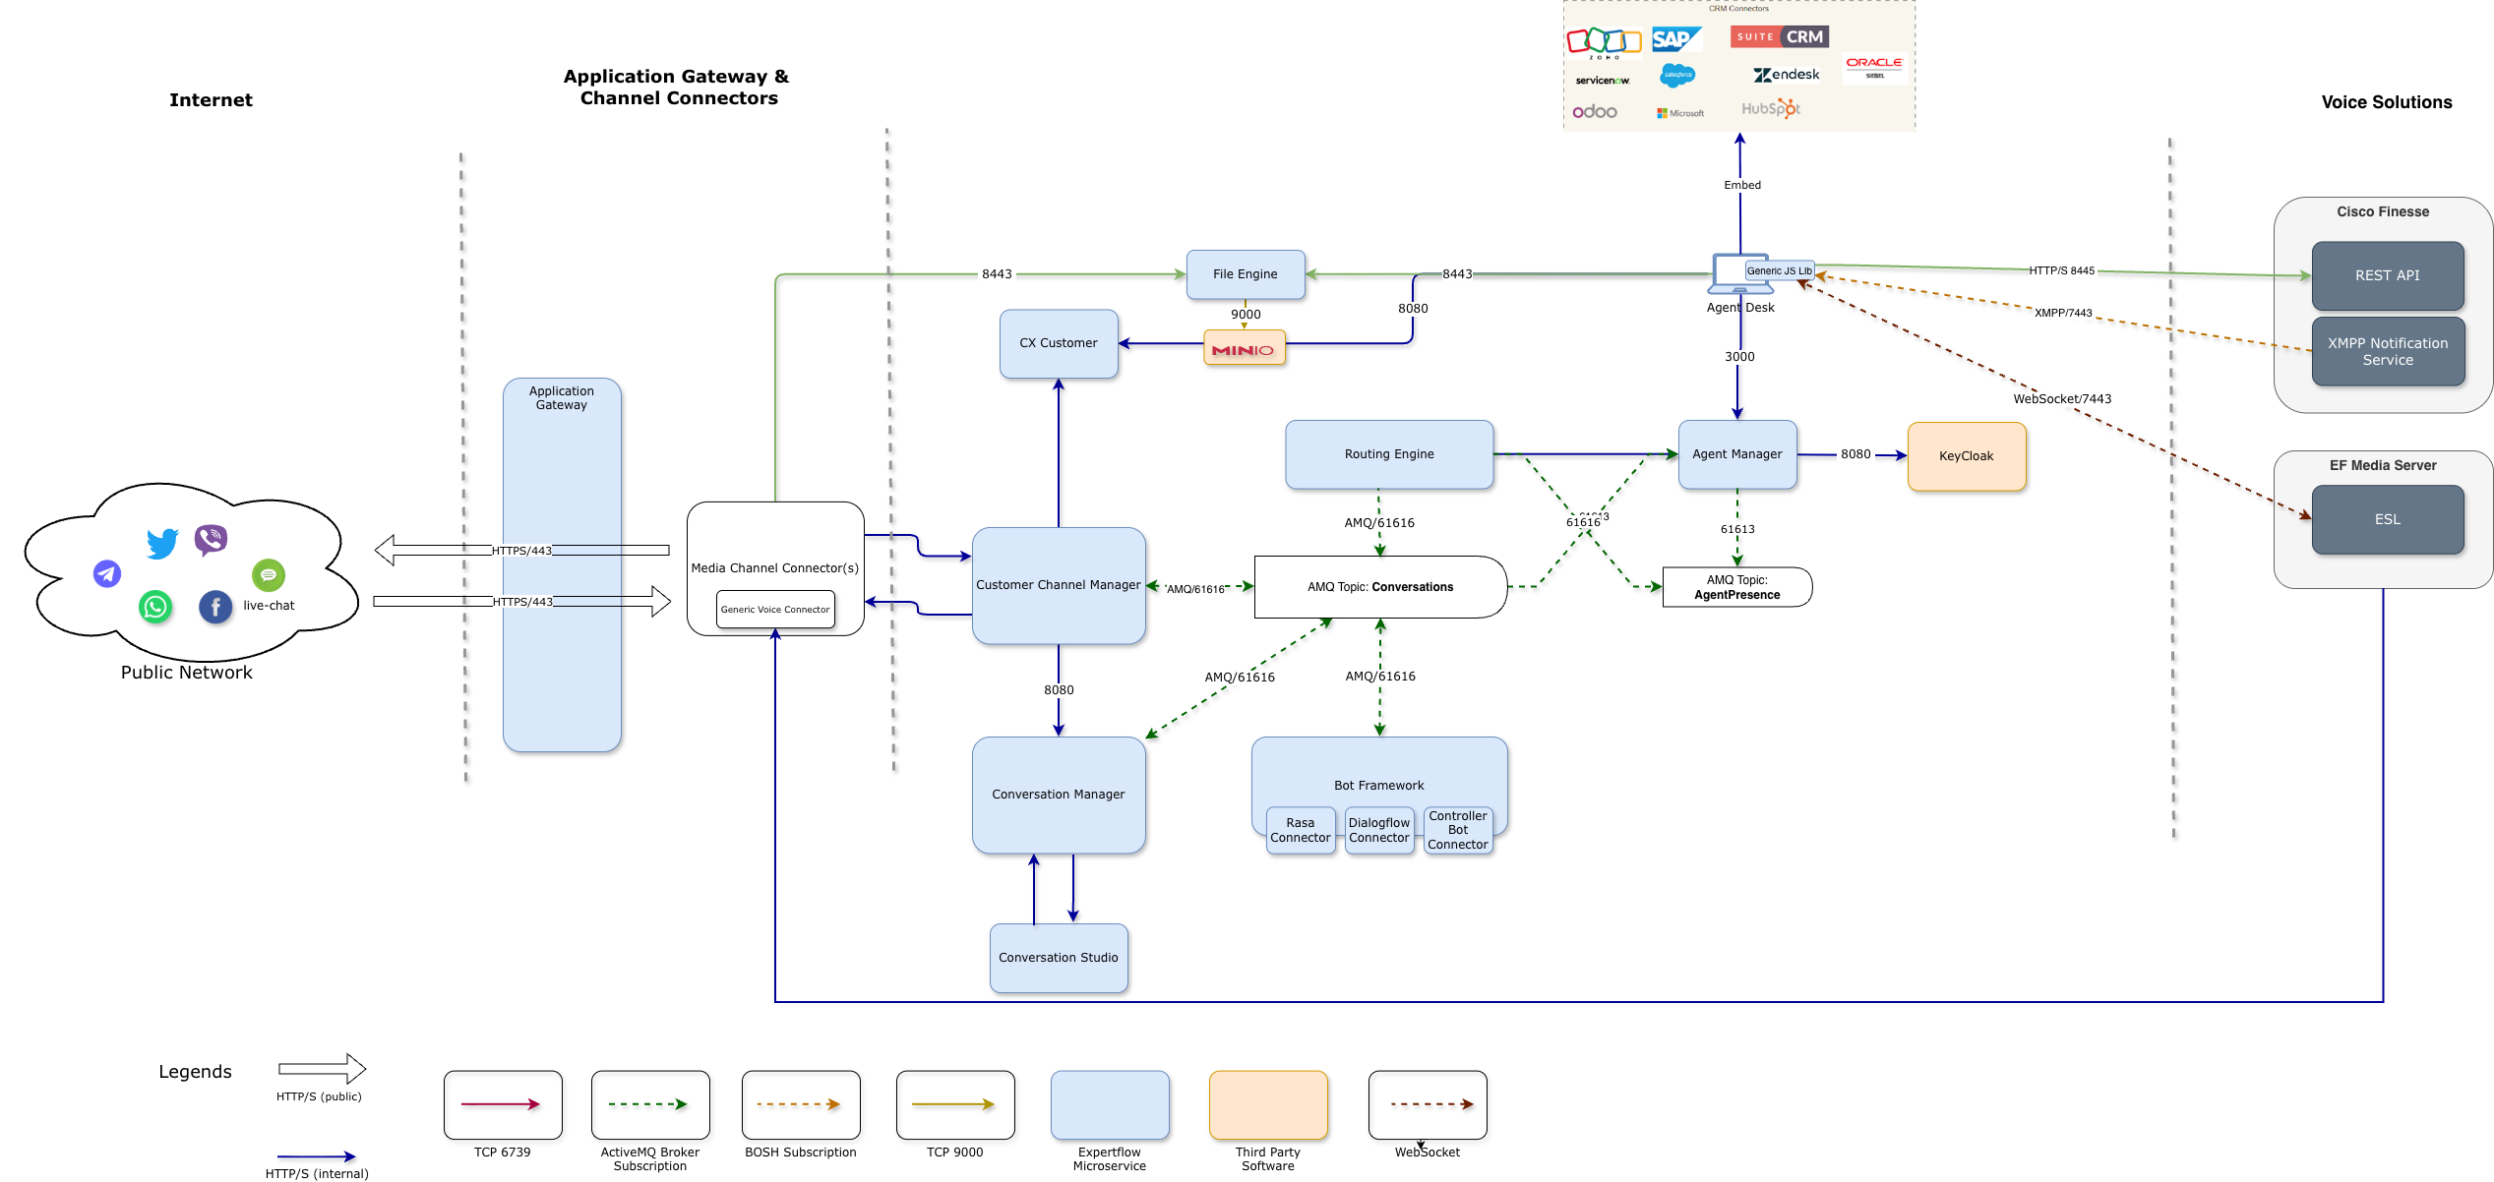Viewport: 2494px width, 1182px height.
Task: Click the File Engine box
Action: click(x=1245, y=274)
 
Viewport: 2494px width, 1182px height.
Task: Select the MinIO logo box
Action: click(x=1244, y=348)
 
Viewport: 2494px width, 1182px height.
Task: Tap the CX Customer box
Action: click(x=1059, y=343)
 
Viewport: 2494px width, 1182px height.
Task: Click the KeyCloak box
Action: click(x=1966, y=456)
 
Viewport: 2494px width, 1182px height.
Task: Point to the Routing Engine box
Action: click(x=1388, y=454)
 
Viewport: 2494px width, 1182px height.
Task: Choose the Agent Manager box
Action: click(x=1736, y=454)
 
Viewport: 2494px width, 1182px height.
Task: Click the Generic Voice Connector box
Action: click(x=775, y=610)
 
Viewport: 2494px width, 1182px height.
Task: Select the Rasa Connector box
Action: click(x=1300, y=831)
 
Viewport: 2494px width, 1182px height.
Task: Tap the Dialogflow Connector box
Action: click(x=1378, y=831)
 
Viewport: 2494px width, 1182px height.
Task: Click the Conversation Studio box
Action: click(x=1058, y=958)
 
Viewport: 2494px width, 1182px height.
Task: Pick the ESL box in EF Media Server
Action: click(x=2387, y=520)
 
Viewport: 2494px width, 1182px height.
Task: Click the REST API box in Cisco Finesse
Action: click(x=2387, y=276)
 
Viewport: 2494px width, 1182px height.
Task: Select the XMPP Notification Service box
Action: click(x=2387, y=352)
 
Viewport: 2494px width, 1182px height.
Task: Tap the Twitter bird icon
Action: click(x=162, y=543)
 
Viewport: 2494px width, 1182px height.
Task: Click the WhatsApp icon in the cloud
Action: click(x=155, y=607)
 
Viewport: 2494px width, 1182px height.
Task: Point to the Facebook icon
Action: click(x=215, y=607)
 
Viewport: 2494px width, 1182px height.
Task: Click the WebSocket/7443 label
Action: click(x=2061, y=399)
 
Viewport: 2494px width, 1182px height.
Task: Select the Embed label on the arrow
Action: click(x=1741, y=185)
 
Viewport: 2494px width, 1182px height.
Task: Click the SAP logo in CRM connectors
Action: click(x=1675, y=39)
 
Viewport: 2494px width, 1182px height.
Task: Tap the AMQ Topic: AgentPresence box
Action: click(x=1736, y=587)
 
